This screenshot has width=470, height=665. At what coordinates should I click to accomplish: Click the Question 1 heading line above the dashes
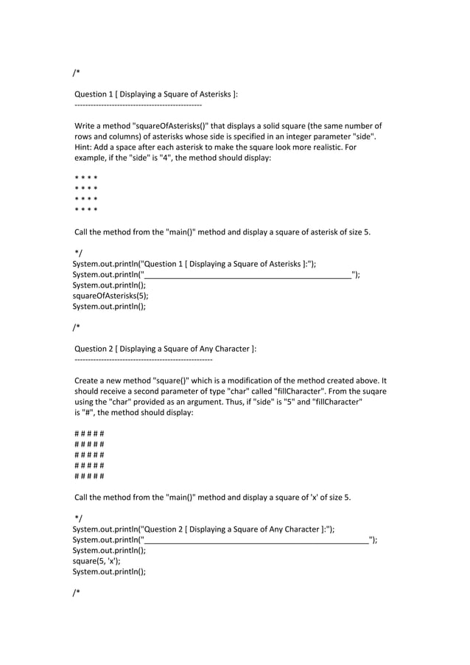156,94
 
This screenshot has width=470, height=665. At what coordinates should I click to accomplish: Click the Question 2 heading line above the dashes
165,349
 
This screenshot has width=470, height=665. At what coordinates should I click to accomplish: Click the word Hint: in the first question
85,147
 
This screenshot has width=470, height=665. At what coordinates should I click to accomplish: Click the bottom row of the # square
89,476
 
